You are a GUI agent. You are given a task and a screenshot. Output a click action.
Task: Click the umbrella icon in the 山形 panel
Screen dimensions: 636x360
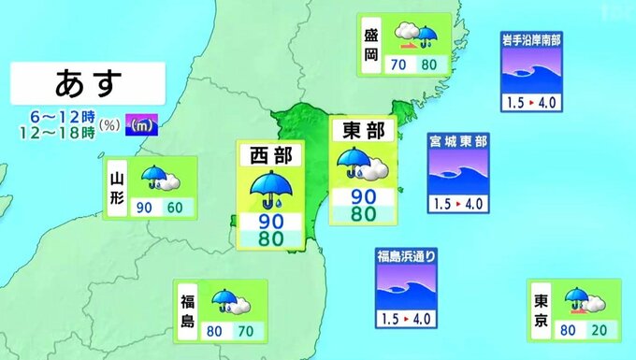(152, 178)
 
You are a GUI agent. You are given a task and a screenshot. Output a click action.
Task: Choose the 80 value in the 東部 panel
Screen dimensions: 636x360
(364, 213)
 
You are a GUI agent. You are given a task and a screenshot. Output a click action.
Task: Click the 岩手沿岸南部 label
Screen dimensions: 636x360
(532, 40)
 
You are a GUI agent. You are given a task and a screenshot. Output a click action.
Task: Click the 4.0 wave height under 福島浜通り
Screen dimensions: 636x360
(421, 319)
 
